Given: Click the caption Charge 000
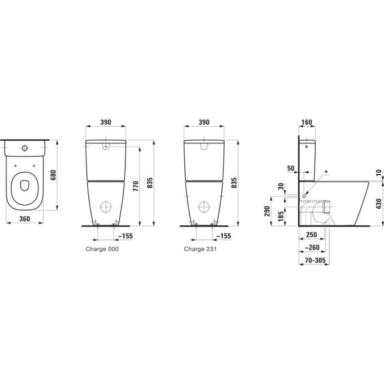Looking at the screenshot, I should [x=102, y=248].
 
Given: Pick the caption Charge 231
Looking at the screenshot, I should [x=200, y=248].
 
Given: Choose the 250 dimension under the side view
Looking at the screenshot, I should [x=313, y=236].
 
